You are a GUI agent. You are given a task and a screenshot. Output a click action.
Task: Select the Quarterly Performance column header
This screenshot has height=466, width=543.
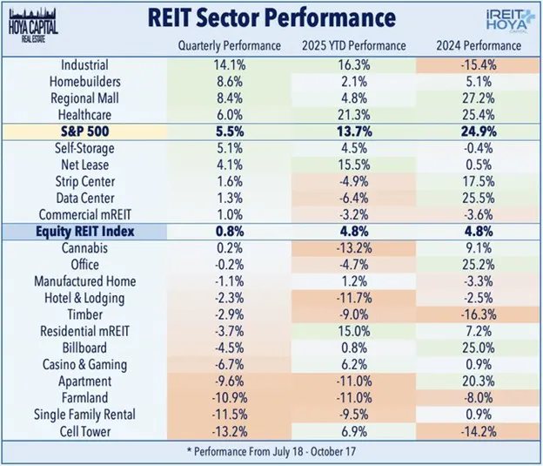tap(230, 45)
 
